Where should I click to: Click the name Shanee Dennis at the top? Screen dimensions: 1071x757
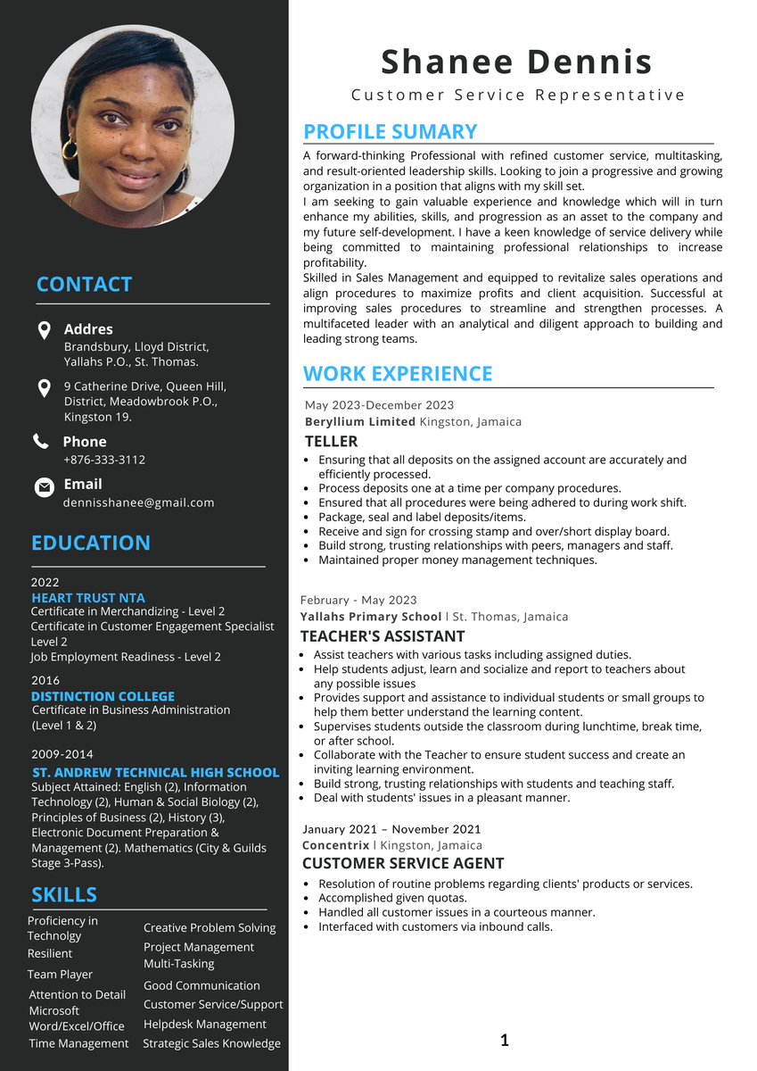(x=516, y=62)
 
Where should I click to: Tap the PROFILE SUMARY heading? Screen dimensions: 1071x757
(x=391, y=132)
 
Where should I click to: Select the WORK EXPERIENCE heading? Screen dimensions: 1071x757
(x=398, y=374)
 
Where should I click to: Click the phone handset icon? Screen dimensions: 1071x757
(x=41, y=441)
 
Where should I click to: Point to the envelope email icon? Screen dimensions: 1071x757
(x=44, y=487)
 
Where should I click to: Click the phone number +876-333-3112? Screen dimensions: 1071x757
(x=104, y=460)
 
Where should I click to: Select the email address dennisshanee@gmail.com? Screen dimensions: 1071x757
(x=138, y=502)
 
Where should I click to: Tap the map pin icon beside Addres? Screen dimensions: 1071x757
(x=44, y=330)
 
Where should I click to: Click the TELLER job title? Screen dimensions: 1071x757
(x=331, y=441)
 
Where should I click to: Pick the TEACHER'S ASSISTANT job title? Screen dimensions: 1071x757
(x=383, y=636)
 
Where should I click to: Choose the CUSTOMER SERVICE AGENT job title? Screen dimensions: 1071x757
(x=403, y=863)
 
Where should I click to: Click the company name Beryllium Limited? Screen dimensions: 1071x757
(x=360, y=421)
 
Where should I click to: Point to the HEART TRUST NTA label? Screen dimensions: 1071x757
(x=87, y=598)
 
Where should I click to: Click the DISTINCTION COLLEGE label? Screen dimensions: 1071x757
(x=103, y=696)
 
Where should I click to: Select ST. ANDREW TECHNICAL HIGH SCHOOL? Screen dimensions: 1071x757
(x=155, y=772)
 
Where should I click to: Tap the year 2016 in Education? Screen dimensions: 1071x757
(x=45, y=680)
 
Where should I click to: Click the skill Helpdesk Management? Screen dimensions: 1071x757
(x=205, y=1024)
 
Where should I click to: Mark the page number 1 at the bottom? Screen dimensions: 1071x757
(x=505, y=1040)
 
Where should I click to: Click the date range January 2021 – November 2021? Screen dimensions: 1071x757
(x=391, y=829)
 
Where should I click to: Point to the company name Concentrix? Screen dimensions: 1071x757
(x=335, y=845)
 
